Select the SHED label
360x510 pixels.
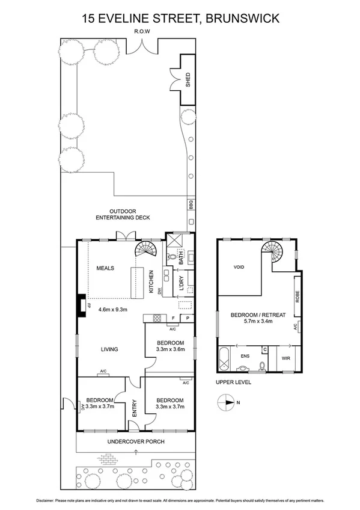pos(188,79)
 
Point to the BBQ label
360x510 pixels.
pos(191,205)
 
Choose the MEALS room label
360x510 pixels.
pos(105,268)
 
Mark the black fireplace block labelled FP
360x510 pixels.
pos(81,305)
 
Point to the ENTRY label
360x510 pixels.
pos(135,408)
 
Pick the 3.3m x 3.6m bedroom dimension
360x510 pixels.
pos(170,349)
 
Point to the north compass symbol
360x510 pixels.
pos(227,402)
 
